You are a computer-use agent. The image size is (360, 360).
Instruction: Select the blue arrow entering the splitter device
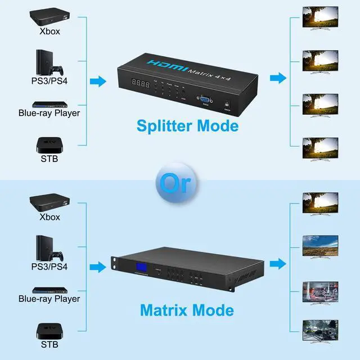98,82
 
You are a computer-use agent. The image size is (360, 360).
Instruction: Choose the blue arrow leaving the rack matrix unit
277,263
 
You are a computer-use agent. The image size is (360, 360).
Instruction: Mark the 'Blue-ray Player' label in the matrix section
49,299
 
